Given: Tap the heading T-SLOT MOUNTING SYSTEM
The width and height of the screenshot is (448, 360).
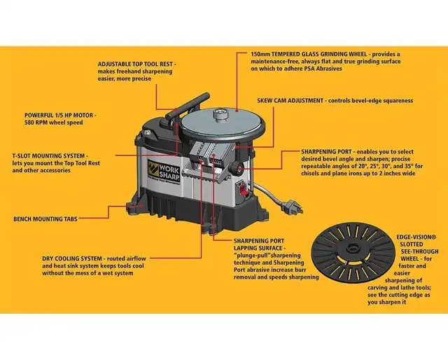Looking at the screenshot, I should coord(49,155).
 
